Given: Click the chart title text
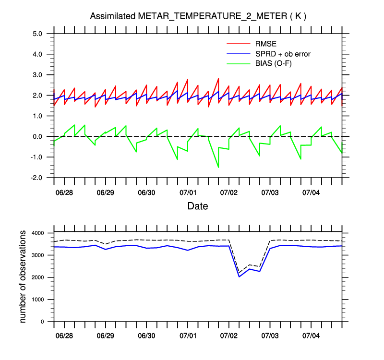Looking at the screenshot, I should tap(198, 16).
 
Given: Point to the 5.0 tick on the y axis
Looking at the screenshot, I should tap(38, 34).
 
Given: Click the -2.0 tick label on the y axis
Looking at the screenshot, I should tap(37, 178).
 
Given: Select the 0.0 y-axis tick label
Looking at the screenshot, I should tap(38, 136).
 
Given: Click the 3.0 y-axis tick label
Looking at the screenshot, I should tap(38, 75).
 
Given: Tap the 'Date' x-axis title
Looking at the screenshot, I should tap(198, 206).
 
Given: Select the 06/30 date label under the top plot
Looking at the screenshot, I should tap(146, 192).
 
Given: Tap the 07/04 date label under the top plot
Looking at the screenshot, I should tap(311, 192).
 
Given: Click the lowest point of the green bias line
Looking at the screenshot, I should tap(218, 168).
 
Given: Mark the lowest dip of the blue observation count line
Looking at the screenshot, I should tap(239, 276).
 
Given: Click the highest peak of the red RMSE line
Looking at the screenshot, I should tap(218, 78).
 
